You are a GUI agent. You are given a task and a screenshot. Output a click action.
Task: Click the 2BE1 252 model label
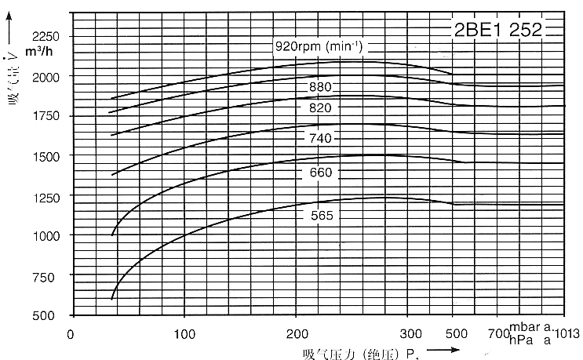pos(497,31)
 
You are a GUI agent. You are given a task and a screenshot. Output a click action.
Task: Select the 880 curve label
pos(320,86)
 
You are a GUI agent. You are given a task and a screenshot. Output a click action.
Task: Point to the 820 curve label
pos(320,107)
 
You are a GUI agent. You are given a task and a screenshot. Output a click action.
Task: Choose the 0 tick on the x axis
pos(71,333)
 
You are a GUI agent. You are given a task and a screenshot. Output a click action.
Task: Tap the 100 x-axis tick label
pos(184,333)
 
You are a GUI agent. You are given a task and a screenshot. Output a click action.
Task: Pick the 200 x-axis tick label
pos(297,333)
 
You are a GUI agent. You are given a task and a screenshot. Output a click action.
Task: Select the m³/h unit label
pos(37,52)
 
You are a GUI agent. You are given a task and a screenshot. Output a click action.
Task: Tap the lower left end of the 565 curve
pos(112,299)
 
